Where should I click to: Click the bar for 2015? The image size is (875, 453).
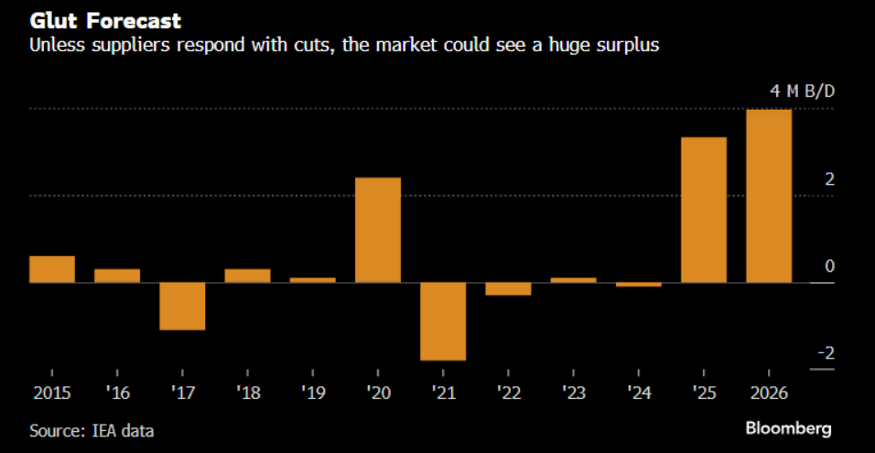[52, 269]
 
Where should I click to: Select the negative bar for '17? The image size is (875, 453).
[182, 306]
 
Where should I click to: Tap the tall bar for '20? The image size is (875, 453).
[377, 230]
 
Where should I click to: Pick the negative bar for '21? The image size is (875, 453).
[443, 321]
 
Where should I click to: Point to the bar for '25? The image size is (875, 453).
[704, 210]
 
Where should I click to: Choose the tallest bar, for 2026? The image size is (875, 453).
[769, 196]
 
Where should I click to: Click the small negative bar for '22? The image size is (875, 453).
[508, 289]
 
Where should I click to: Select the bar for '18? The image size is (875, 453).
[247, 275]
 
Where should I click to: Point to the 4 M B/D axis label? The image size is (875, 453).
[803, 92]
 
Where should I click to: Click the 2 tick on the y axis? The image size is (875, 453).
[828, 179]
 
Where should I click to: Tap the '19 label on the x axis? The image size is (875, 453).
[312, 394]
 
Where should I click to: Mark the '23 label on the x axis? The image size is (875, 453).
[573, 394]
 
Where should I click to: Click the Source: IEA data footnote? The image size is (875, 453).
[92, 430]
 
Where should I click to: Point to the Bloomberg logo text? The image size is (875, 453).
[788, 428]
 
